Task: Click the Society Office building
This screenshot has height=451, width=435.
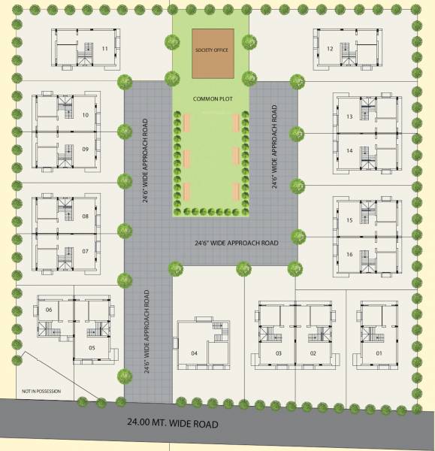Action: point(211,53)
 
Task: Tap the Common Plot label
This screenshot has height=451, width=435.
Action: point(210,98)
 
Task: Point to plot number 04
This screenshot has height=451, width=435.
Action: point(194,353)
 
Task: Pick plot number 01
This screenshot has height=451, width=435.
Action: point(379,353)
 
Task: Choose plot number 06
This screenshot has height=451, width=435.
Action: point(49,310)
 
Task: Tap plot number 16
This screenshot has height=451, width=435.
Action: point(350,254)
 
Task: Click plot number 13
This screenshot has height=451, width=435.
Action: point(350,118)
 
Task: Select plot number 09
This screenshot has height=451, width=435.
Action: point(86,149)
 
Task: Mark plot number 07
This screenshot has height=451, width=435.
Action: point(86,250)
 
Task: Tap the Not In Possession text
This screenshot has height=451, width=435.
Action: point(41,392)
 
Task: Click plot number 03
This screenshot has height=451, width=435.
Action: point(278,353)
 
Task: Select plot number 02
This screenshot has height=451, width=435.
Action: point(314,353)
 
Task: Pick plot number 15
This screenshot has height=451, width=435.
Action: point(350,221)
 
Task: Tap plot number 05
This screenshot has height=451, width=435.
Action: point(91,347)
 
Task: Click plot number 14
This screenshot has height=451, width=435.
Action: point(350,150)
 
